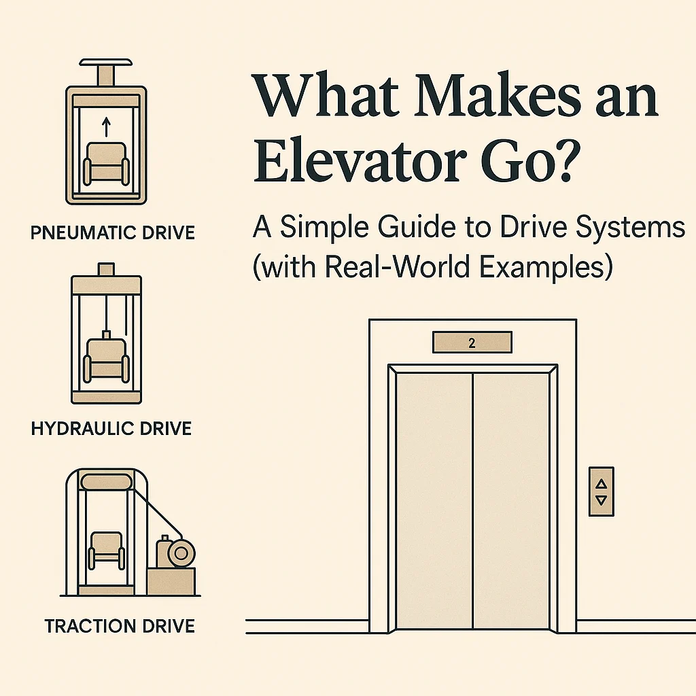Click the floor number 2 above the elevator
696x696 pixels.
click(472, 343)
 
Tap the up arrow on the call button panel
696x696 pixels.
click(602, 483)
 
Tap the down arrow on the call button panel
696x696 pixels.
click(602, 500)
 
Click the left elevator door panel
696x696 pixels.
click(434, 501)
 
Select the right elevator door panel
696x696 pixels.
click(511, 501)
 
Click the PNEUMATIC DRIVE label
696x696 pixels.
click(113, 233)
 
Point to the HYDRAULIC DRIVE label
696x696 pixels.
click(111, 428)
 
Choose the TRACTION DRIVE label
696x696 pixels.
click(120, 626)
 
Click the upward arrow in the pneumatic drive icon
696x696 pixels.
click(105, 127)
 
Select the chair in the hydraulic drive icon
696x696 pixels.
click(106, 360)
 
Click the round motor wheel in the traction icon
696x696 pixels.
click(181, 553)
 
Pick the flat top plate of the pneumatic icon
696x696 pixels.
click(105, 62)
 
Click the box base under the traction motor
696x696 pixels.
click(171, 581)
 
